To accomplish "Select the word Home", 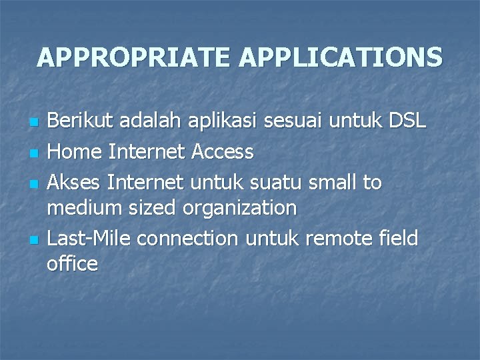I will [x=74, y=152].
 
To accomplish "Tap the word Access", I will [x=222, y=152].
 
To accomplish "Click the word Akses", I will [x=75, y=181].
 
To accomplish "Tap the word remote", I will [x=349, y=237].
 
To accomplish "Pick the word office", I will [x=72, y=264].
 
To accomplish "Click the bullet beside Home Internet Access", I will [x=33, y=153].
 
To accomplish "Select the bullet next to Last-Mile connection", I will [x=33, y=239].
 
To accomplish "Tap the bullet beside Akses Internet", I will [x=33, y=183].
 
